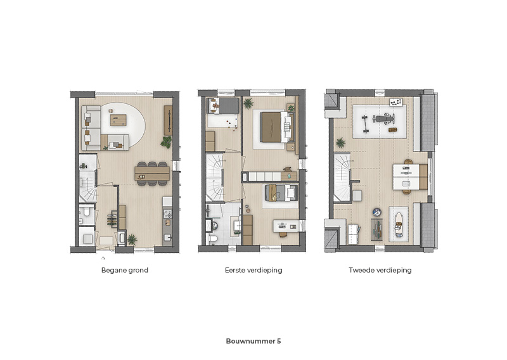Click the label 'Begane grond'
pos(124,271)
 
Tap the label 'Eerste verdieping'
pos(253,271)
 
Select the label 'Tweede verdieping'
pos(380,271)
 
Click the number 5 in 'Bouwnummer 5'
pos(279,341)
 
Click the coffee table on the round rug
pos(119,120)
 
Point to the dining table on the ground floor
pos(152,174)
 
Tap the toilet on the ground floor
pos(86,212)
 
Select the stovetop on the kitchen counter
pos(167,214)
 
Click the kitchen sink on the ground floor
pos(167,238)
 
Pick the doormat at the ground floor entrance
pos(106,241)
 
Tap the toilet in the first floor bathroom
pos(213,239)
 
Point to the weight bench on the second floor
pos(384,119)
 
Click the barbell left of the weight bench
pos(366,124)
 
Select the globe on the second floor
pos(376,212)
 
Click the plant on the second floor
pos(340,143)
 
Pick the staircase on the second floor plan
pos(342,177)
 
